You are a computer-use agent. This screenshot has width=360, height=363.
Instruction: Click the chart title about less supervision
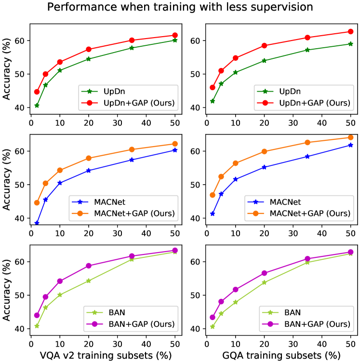tap(180, 7)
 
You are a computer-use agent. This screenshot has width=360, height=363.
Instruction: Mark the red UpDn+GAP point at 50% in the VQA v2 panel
tap(175, 35)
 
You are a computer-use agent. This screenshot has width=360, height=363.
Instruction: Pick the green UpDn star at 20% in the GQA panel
tap(264, 61)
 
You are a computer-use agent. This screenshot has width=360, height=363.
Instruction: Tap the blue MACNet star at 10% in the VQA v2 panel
tap(60, 183)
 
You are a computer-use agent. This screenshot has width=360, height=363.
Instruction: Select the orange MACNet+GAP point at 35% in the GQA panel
tap(307, 142)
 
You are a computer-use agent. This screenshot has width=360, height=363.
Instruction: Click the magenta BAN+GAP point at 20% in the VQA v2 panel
tap(89, 266)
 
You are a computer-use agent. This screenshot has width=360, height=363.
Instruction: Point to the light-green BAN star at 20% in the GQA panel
tap(264, 282)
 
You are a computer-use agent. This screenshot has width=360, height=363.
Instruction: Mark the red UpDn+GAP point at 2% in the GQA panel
tap(213, 87)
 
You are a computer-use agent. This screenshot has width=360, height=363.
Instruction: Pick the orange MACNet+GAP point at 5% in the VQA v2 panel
tap(45, 183)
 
